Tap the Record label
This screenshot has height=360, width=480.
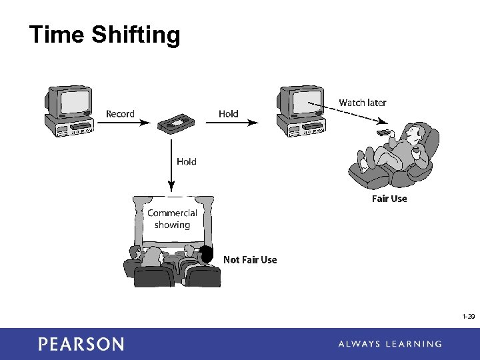pyautogui.click(x=120, y=114)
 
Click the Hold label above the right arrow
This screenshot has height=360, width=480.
pyautogui.click(x=228, y=114)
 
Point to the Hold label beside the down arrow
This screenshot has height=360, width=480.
pyautogui.click(x=187, y=161)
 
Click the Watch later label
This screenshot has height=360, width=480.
pyautogui.click(x=362, y=103)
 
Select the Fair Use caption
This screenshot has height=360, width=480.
pyautogui.click(x=389, y=199)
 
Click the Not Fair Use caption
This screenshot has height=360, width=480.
pyautogui.click(x=250, y=260)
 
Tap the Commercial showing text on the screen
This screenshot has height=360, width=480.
pyautogui.click(x=172, y=219)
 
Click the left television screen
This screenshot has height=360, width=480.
pyautogui.click(x=74, y=102)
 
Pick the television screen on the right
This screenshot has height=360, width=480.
pyautogui.click(x=306, y=101)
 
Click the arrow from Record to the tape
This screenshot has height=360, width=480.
pyautogui.click(x=146, y=123)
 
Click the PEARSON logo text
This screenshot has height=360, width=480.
pyautogui.click(x=81, y=344)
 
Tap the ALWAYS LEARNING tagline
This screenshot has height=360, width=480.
pyautogui.click(x=389, y=344)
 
